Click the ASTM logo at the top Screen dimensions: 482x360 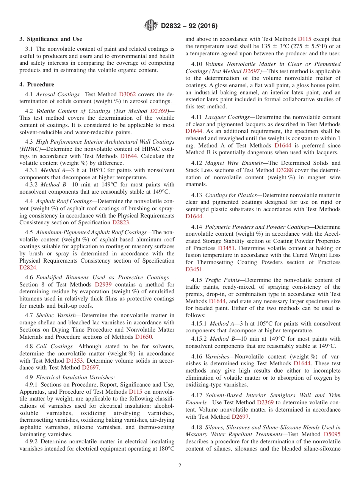151,25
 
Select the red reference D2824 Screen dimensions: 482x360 27,268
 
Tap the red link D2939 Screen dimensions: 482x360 103,285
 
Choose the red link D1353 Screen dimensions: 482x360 74,361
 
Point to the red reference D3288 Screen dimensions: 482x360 284,171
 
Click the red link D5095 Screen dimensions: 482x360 332,435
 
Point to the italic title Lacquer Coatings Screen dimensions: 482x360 227,117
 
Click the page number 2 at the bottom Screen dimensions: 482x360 180,466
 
